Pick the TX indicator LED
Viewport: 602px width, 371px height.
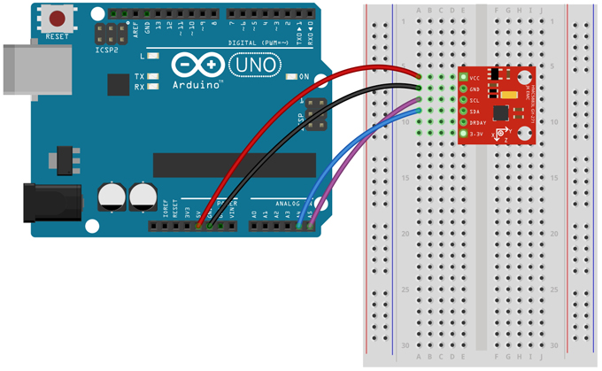pos(153,77)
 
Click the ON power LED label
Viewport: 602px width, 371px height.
pos(304,77)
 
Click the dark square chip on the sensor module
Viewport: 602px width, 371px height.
pos(501,113)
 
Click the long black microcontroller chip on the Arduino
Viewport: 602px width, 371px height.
pos(234,165)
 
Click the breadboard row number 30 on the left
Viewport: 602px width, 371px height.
pos(405,345)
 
